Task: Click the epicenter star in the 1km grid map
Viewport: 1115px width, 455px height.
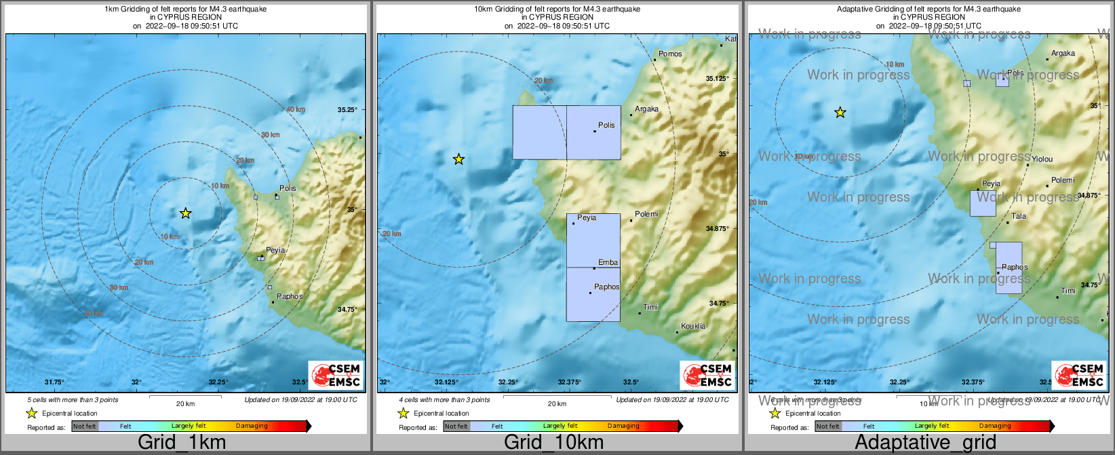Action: click(186, 213)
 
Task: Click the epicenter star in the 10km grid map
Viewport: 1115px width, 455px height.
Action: click(458, 159)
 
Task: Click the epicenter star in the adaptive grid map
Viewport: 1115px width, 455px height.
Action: click(840, 112)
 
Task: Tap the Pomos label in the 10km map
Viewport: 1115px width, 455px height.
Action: click(670, 54)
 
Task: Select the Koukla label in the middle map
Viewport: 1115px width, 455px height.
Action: click(692, 326)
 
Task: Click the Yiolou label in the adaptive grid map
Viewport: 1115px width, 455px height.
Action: click(1042, 159)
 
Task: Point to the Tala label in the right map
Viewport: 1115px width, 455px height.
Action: click(1019, 217)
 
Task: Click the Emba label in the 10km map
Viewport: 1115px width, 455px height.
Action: click(608, 262)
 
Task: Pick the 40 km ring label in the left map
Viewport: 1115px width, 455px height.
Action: click(296, 109)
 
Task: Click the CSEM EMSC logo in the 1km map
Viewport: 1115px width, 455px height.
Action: click(336, 375)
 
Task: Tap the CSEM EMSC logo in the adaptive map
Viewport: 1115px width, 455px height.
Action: click(1079, 375)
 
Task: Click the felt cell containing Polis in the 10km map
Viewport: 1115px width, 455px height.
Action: click(593, 132)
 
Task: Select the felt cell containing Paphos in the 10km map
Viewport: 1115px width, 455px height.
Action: click(593, 294)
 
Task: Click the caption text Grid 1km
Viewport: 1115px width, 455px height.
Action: click(182, 443)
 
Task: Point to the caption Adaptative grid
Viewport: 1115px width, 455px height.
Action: click(925, 443)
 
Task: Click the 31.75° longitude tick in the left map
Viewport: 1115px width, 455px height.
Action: click(54, 382)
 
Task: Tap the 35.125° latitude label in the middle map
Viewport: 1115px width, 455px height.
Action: click(717, 79)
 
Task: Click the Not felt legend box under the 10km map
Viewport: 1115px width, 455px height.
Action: click(456, 426)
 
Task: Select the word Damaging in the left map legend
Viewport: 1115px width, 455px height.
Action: click(252, 426)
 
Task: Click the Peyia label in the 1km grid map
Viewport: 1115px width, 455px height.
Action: click(275, 250)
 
